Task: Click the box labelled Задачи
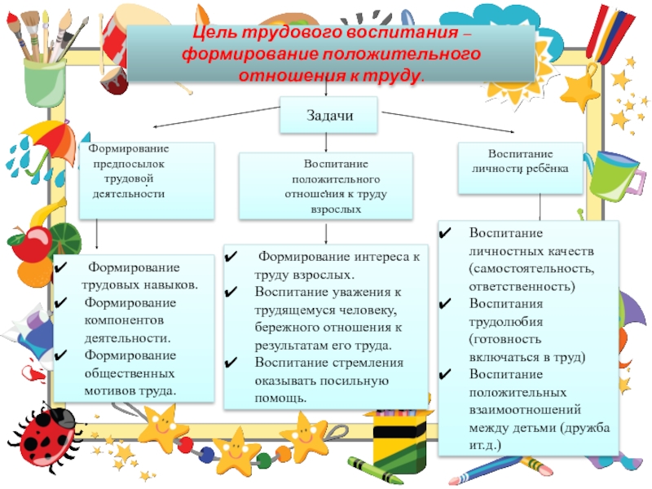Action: [x=329, y=115]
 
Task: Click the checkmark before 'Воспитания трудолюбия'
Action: [x=446, y=303]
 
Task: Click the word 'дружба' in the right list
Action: [x=583, y=428]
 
